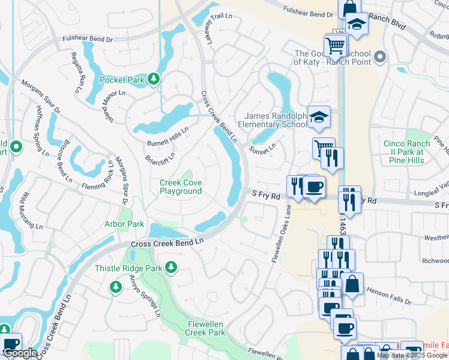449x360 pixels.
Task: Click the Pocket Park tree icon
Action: click(154, 79)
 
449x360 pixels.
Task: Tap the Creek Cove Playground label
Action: click(181, 187)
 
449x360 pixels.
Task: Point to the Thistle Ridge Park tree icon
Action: click(171, 266)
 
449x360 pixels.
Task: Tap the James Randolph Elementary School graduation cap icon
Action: click(319, 118)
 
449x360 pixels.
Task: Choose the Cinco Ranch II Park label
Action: click(407, 152)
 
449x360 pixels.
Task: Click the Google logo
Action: click(20, 353)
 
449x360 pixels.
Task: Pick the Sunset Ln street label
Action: click(263, 145)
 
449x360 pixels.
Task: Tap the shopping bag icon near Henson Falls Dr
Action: click(354, 284)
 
